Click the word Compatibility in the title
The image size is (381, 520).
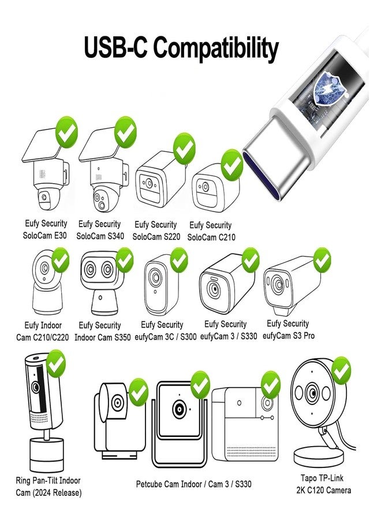[x=216, y=49]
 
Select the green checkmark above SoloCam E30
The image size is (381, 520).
[x=67, y=132]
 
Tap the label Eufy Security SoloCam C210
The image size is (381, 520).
[x=211, y=231]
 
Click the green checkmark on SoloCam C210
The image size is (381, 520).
[x=232, y=165]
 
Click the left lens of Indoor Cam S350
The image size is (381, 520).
[x=89, y=269]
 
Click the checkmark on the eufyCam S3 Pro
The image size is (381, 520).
[x=322, y=260]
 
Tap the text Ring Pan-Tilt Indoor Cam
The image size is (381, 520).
[x=48, y=486]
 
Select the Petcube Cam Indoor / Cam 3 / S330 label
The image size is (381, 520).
[x=193, y=484]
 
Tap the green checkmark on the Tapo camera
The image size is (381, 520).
[x=341, y=370]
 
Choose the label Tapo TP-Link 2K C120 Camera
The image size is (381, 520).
[x=323, y=484]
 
